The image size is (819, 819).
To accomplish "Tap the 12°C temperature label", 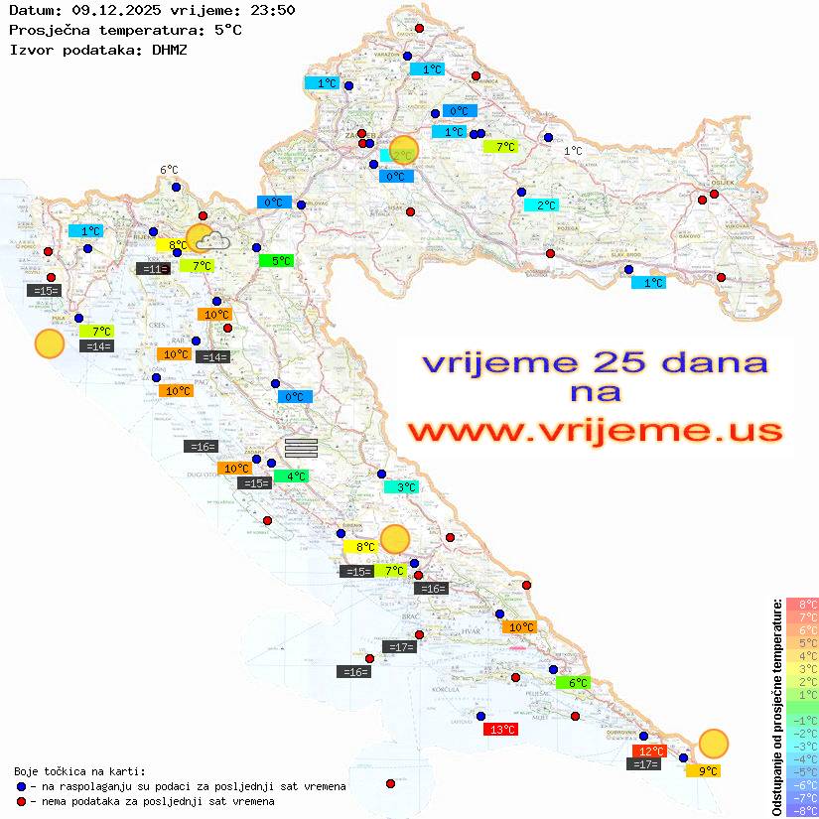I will pos(650,751).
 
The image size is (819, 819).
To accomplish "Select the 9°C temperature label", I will pos(703,770).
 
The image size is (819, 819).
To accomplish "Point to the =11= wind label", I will pos(152,268).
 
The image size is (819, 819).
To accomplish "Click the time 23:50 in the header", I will pos(269,10).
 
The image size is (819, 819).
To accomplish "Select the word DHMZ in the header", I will pos(170,49).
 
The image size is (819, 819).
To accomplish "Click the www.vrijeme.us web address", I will pos(594,431).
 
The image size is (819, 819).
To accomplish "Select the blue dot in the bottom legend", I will pos(21,786).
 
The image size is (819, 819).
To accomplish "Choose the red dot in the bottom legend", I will pos(21,801).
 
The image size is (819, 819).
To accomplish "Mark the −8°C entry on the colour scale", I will pos(802,811).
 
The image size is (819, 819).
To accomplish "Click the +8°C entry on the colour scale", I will pos(802,604).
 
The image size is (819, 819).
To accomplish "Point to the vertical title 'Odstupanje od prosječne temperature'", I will pos(776,707).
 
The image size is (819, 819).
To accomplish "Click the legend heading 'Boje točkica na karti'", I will pos(79,771).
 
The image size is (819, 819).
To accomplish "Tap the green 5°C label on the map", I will pos(275,261).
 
